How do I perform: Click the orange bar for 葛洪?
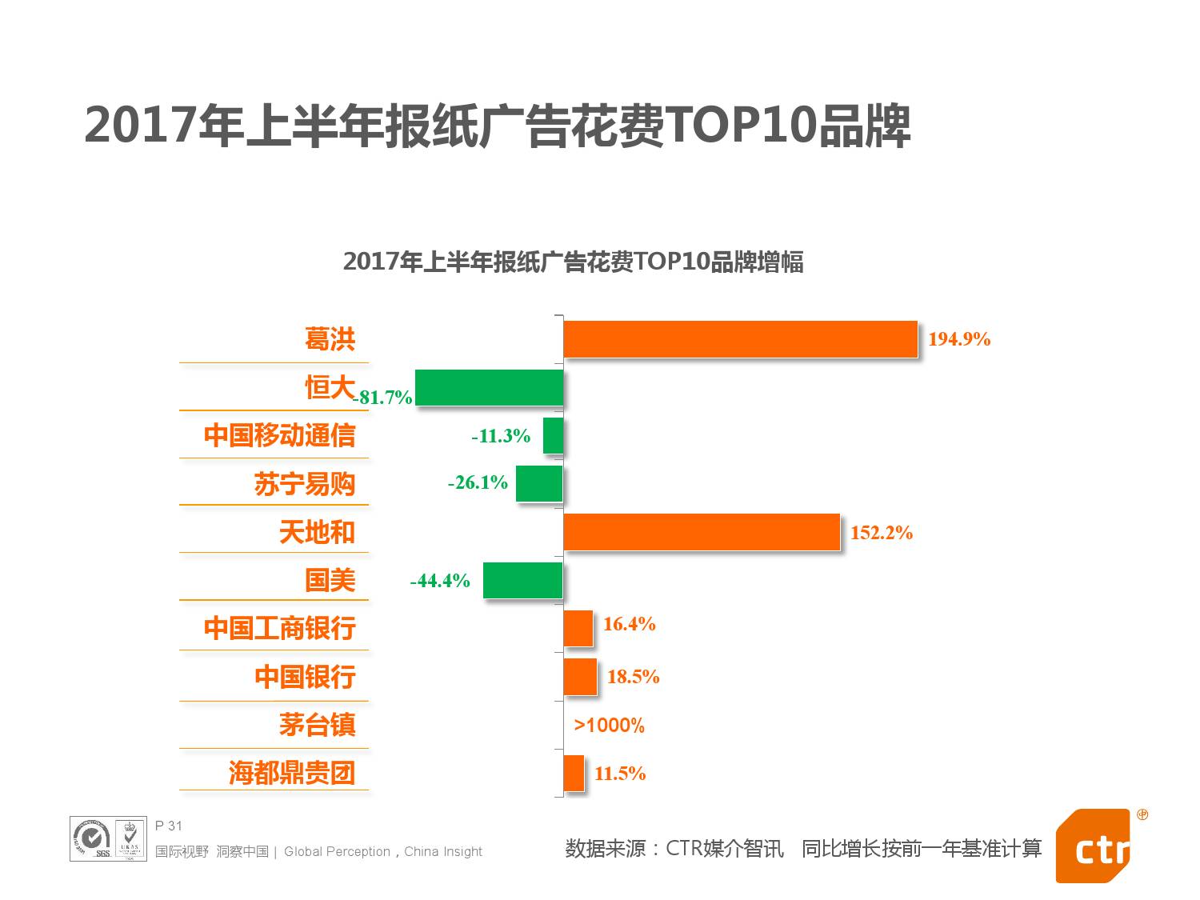[740, 339]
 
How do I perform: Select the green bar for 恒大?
[489, 388]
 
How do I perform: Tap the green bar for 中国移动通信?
[553, 436]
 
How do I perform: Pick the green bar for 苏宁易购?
[538, 484]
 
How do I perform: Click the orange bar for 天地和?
[702, 533]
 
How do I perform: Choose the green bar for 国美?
[522, 581]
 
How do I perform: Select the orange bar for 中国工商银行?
[578, 629]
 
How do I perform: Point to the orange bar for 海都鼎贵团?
[574, 774]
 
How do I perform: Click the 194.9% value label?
[958, 339]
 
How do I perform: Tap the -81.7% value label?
[382, 398]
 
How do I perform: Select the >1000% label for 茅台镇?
[609, 726]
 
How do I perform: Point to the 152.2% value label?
[881, 533]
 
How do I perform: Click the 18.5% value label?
[633, 677]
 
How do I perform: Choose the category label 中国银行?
[305, 677]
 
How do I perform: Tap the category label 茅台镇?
[317, 725]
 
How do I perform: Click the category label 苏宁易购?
[304, 484]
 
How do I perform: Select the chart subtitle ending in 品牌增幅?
[573, 262]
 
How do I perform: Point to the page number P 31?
[169, 826]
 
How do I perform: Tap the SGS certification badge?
[93, 839]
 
